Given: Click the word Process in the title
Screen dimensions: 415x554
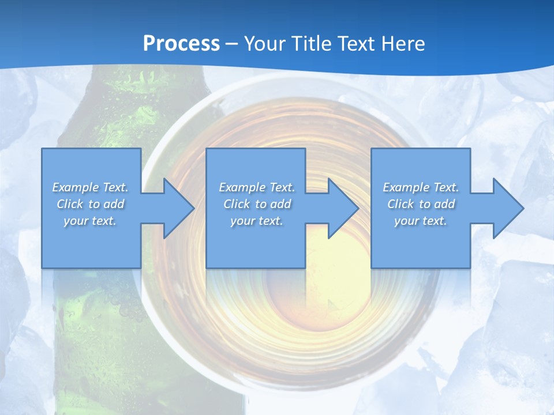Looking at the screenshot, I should [x=181, y=43].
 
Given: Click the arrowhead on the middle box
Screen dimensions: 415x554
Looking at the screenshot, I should [x=342, y=208].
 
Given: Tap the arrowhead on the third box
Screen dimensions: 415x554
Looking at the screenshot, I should [x=507, y=208].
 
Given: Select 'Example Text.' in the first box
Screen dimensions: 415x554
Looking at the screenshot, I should [x=90, y=187].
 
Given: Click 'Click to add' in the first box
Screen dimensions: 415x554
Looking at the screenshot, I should [x=90, y=204].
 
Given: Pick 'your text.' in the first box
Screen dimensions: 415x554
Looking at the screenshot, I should [x=90, y=221].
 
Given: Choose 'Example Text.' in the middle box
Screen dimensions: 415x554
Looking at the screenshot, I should [x=256, y=187].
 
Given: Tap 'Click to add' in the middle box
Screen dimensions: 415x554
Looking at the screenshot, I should [x=256, y=204].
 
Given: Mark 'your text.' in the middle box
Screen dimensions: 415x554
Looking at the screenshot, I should [x=256, y=221].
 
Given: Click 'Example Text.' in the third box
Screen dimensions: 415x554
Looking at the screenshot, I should [x=421, y=187].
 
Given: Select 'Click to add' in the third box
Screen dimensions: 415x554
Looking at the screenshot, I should [x=421, y=204].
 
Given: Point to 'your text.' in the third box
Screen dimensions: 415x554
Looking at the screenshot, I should [x=421, y=221].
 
